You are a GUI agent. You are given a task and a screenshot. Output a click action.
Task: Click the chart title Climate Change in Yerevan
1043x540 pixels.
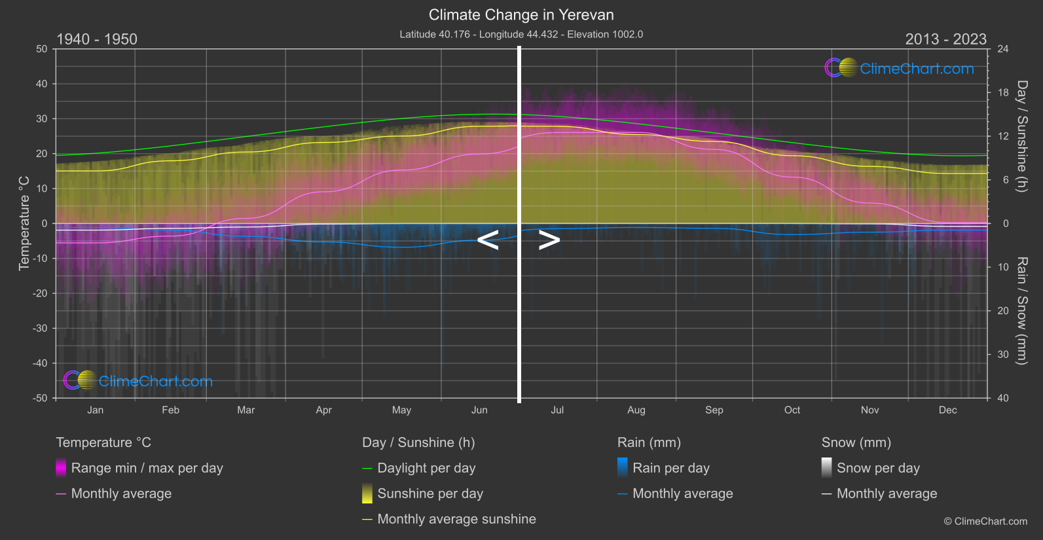coord(521,14)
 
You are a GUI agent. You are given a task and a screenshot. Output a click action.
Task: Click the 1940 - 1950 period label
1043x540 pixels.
coord(97,39)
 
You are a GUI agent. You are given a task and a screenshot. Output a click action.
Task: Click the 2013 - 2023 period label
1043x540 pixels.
coord(945,39)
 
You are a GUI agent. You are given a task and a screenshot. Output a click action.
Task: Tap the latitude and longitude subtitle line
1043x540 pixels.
coord(521,34)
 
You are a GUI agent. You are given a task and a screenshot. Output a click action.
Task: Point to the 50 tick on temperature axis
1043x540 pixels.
coord(42,49)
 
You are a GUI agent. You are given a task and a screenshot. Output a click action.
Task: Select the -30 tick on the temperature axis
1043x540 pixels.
coord(41,328)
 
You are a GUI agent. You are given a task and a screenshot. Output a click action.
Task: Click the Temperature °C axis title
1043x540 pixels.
coord(24,223)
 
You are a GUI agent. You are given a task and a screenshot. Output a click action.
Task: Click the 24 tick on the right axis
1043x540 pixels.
coord(1002,49)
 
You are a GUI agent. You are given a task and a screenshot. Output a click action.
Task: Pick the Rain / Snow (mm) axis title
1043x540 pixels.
coord(1021,310)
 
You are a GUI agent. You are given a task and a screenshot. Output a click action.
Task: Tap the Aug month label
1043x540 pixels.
coord(636,410)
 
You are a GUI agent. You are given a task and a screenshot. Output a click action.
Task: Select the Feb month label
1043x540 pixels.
coord(170,410)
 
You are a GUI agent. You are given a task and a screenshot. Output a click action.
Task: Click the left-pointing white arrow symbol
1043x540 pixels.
coord(488,240)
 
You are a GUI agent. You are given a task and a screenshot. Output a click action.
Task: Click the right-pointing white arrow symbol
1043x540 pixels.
coord(549,240)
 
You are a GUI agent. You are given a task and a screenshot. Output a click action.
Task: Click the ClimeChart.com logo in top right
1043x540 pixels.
coord(900,68)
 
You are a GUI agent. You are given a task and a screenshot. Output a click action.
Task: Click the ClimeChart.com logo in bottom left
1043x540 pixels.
coord(138,381)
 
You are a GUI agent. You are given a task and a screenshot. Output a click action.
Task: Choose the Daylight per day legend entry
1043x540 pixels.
coord(426,468)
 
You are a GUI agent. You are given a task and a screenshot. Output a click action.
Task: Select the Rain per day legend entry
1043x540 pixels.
coord(670,468)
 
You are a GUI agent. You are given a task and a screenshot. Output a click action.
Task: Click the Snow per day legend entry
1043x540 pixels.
coord(877,468)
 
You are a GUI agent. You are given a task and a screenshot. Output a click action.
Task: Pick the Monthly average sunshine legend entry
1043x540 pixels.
coord(456,519)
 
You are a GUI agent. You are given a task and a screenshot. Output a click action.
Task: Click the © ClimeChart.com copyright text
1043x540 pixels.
coord(985,521)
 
